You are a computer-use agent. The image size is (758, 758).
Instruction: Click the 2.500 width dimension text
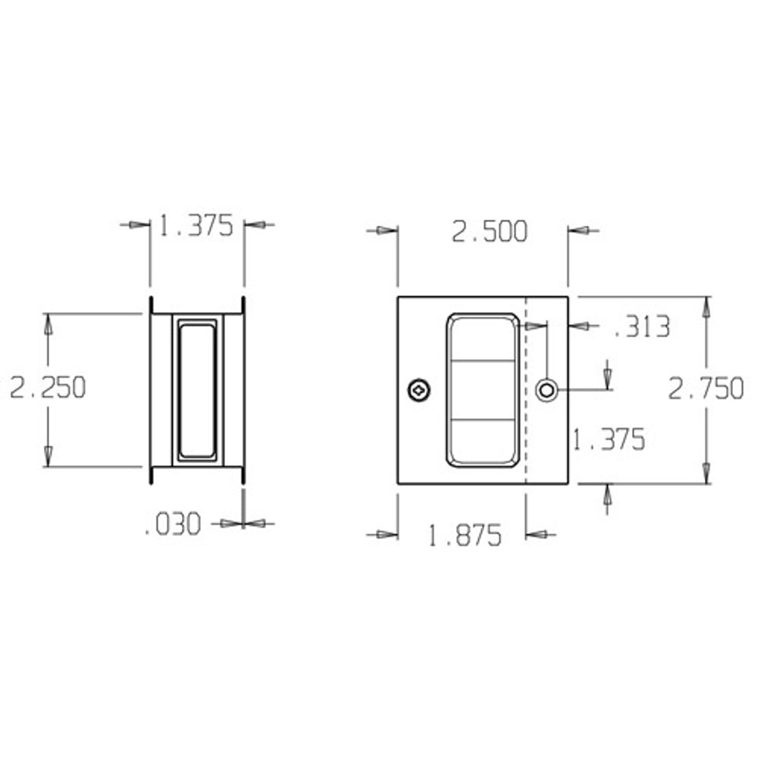tap(489, 232)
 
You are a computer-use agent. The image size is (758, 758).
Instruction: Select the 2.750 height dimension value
tap(706, 389)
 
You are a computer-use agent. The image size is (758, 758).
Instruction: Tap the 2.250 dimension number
tap(48, 388)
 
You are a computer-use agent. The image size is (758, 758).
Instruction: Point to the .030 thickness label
tap(174, 525)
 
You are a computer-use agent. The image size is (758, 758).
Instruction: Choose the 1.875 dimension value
tap(464, 536)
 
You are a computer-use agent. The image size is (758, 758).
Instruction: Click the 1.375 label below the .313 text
tap(608, 440)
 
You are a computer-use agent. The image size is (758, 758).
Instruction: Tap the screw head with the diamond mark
tap(419, 390)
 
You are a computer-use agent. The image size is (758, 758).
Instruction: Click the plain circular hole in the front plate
tap(547, 390)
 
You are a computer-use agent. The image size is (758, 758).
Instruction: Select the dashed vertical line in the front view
tap(526, 415)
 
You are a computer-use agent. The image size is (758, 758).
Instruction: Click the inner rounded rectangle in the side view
tap(197, 390)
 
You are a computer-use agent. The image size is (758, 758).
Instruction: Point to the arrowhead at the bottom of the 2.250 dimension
tap(48, 457)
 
